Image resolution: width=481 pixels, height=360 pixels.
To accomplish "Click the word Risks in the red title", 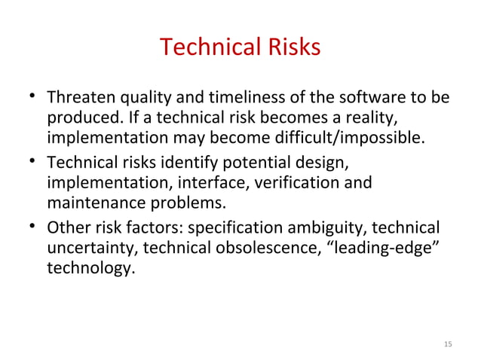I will click(289, 47).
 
